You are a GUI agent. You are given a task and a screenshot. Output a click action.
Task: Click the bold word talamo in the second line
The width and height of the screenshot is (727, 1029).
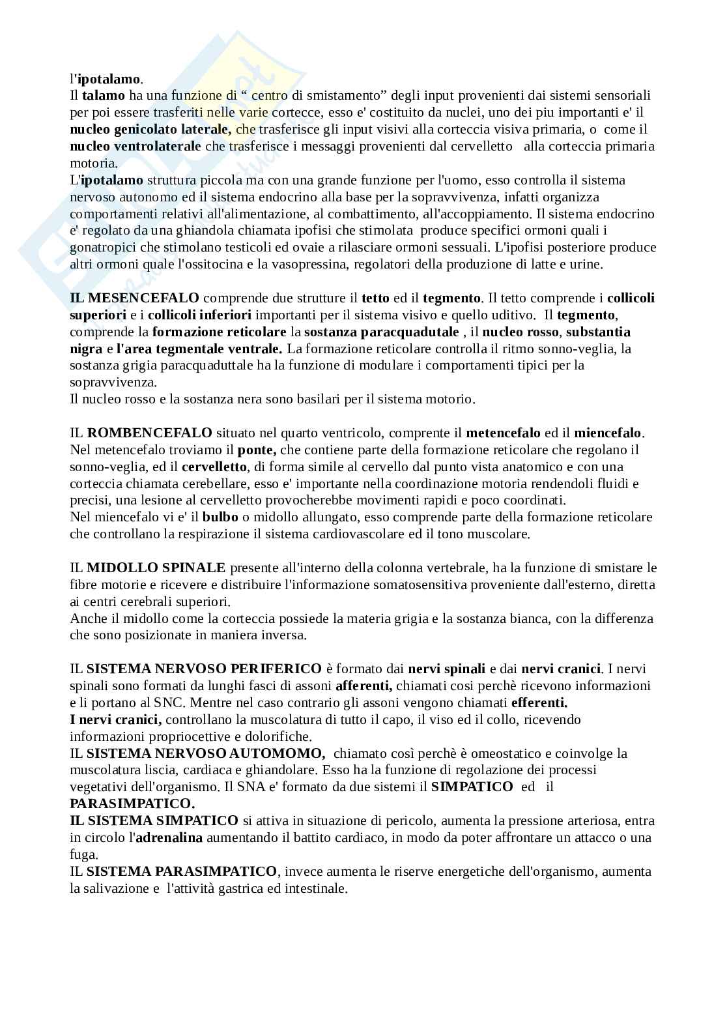104,96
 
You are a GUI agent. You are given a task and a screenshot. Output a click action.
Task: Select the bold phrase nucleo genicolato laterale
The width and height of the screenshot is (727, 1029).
150,129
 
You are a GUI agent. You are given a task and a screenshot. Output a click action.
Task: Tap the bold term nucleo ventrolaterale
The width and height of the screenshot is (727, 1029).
135,146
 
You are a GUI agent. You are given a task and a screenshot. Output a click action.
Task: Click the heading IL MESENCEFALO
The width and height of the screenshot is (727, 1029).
135,298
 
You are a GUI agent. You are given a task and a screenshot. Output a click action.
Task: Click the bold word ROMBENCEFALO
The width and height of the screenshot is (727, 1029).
149,433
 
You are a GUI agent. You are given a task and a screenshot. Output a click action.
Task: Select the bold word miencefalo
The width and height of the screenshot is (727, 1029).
608,433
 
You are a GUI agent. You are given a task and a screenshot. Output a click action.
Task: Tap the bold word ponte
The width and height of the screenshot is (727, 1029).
257,450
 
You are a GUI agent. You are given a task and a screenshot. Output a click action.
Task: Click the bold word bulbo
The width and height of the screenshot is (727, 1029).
220,517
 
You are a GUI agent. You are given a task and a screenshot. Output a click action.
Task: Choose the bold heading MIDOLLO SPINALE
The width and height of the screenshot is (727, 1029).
156,568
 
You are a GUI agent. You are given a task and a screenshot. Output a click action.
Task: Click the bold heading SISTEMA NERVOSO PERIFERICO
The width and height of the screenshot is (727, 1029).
204,669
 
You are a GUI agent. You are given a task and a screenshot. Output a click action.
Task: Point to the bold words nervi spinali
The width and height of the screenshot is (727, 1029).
447,669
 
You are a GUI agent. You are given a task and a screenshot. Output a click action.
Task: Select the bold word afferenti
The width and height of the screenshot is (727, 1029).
363,686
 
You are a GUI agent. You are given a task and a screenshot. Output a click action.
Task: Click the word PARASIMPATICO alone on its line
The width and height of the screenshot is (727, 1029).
132,803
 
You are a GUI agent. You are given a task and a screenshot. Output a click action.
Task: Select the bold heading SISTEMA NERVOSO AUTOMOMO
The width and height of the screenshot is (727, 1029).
206,753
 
